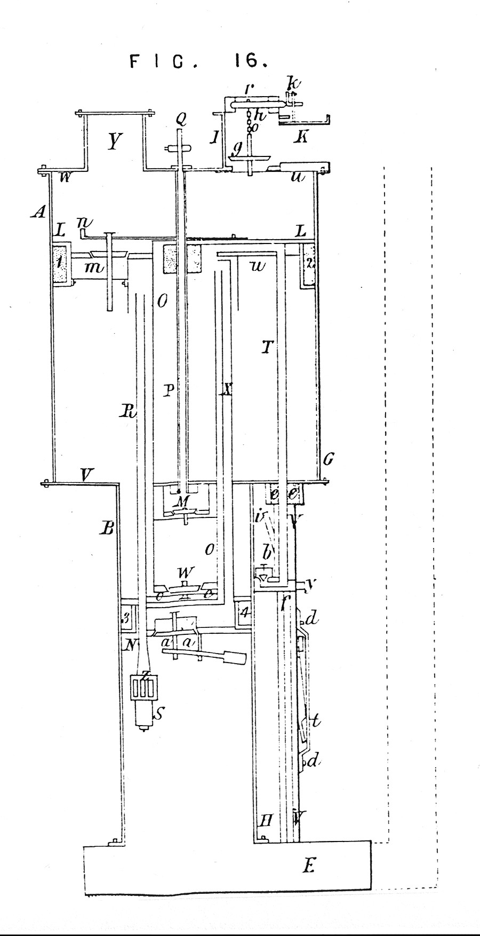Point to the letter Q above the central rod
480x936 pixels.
click(181, 120)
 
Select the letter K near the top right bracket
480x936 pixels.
click(301, 138)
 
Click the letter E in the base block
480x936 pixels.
click(308, 866)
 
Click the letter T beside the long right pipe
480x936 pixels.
click(267, 348)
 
